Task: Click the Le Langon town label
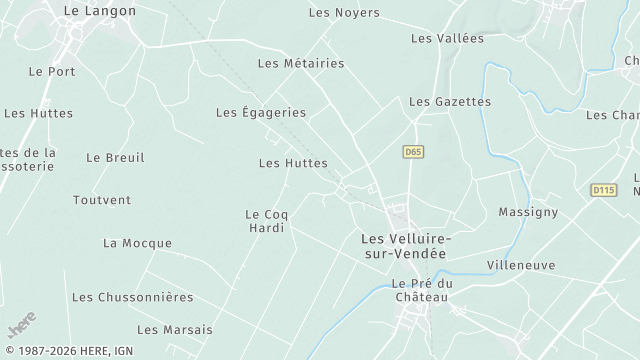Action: [x=99, y=10]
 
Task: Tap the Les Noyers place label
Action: [x=344, y=13]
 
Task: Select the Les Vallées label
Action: [x=447, y=38]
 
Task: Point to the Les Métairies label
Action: [x=301, y=63]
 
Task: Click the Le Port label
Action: [x=52, y=71]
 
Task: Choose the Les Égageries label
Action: [x=261, y=113]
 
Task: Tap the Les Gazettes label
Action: [x=450, y=102]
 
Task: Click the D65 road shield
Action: [x=413, y=152]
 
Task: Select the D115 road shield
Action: [x=603, y=190]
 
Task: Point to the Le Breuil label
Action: [x=115, y=157]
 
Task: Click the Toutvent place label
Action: [x=102, y=200]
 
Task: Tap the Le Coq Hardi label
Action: [x=265, y=221]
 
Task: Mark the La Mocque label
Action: [x=137, y=243]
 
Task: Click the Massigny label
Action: [x=528, y=213]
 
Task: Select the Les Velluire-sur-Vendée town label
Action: [x=405, y=247]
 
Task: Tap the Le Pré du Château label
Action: [x=422, y=290]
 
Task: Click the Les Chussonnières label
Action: [x=146, y=297]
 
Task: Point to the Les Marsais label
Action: [x=175, y=329]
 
